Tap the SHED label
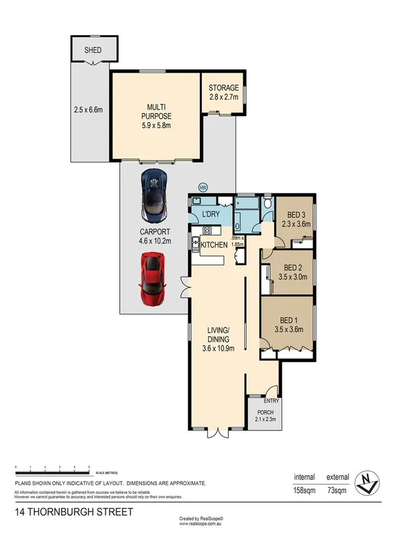(92, 50)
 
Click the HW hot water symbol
(202, 187)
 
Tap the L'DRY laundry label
(211, 214)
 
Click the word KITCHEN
(214, 245)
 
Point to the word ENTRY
(271, 400)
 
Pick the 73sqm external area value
(337, 490)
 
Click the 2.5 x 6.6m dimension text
(88, 110)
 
